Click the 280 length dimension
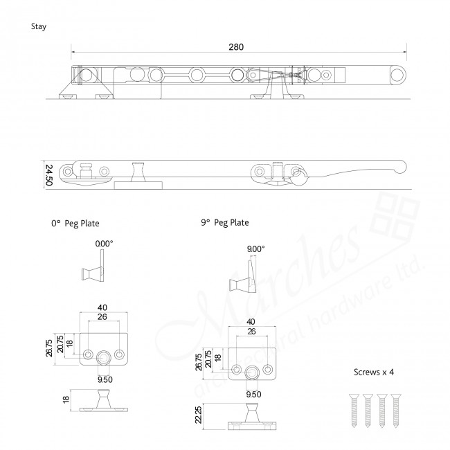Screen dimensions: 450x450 coord(236,46)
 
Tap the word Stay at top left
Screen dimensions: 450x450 coord(39,27)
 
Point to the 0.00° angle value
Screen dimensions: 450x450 coord(104,244)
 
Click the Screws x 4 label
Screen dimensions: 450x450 coord(375,372)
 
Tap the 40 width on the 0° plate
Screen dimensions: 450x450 coord(102,307)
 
